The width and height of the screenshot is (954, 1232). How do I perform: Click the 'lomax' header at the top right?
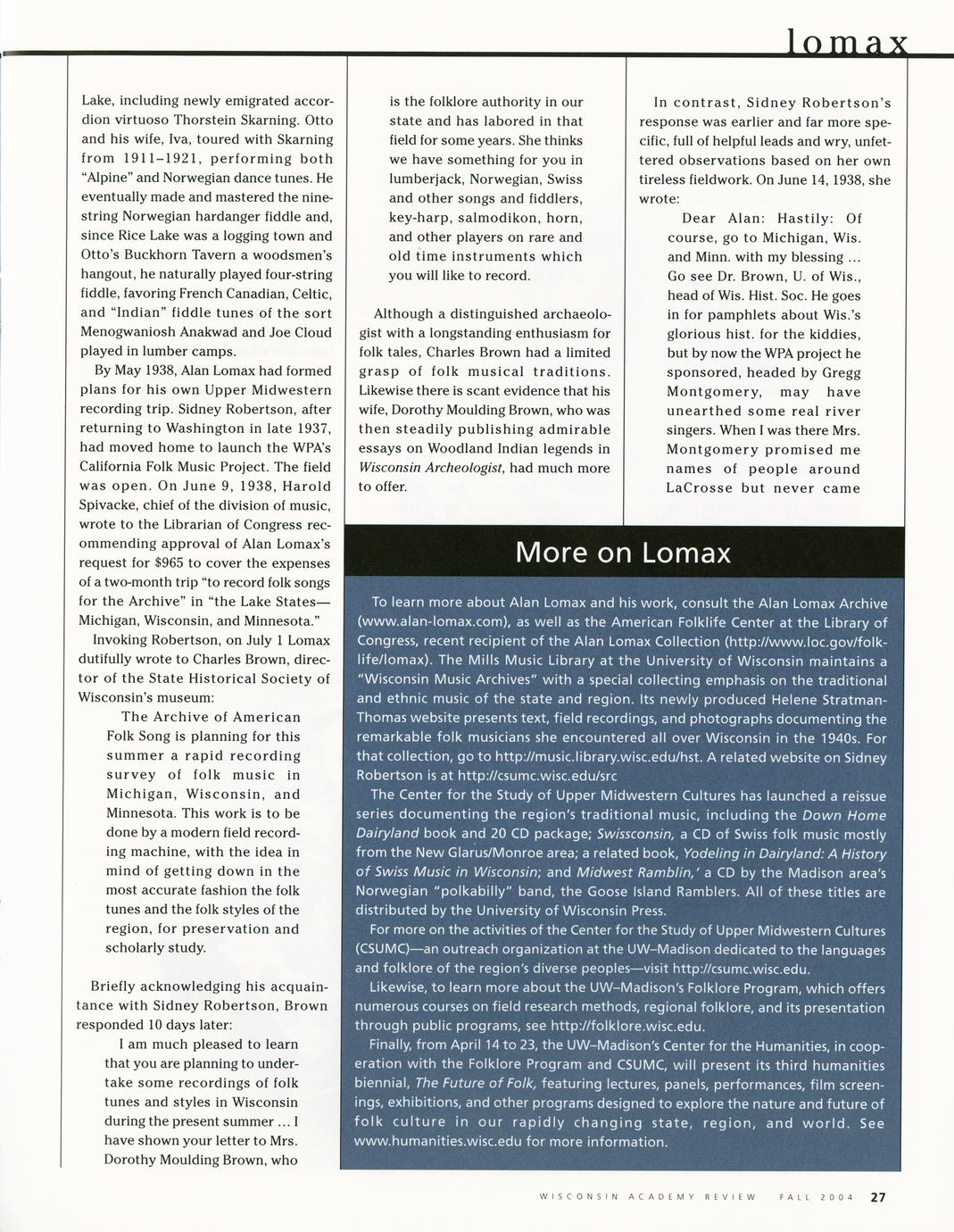[848, 42]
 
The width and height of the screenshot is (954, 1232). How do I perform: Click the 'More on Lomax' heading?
[623, 553]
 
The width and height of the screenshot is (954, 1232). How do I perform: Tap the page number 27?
[878, 1197]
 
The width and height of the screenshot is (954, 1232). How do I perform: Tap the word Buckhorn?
[155, 255]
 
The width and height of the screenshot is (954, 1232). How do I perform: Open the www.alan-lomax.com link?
[432, 622]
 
